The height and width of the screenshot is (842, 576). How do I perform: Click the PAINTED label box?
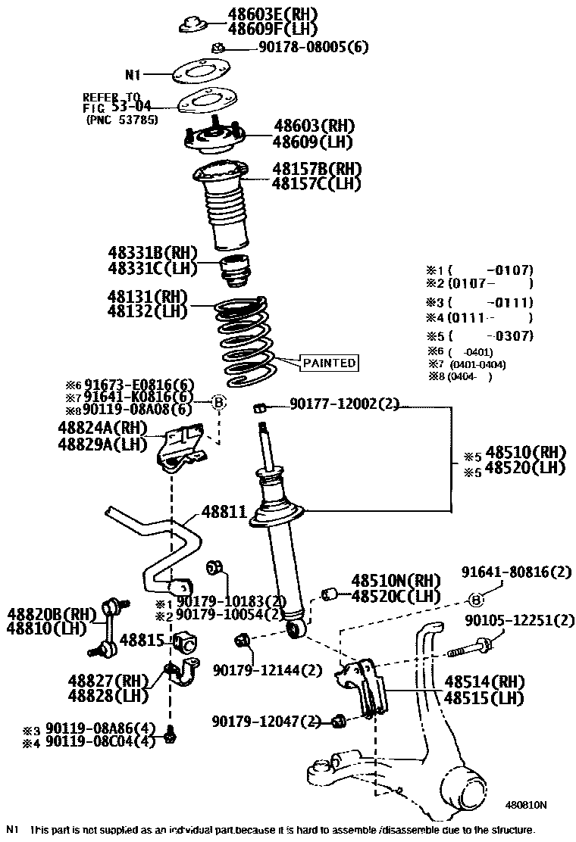click(x=330, y=363)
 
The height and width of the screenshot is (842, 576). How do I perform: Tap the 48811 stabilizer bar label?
click(x=224, y=513)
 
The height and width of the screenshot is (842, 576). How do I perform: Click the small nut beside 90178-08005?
click(x=217, y=48)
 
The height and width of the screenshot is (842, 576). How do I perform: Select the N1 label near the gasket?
click(x=133, y=75)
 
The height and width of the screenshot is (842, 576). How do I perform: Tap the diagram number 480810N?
click(x=527, y=805)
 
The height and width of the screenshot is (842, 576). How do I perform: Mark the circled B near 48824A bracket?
click(x=218, y=404)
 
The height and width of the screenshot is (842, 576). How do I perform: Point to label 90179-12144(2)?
click(x=267, y=669)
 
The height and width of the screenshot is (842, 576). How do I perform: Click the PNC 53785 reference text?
click(x=122, y=119)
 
